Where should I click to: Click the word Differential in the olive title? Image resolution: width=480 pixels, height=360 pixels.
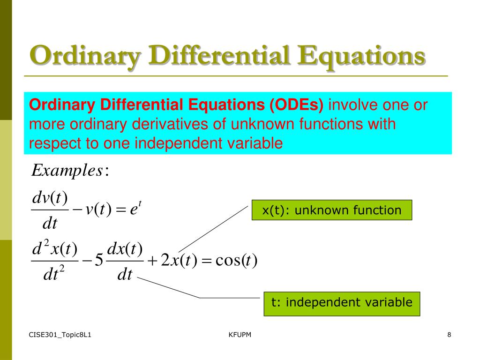point(219,56)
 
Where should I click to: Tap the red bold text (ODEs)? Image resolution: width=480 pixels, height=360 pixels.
point(296,105)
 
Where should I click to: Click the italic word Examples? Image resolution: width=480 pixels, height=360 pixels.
point(67,171)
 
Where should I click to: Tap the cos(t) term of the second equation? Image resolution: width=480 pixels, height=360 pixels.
point(236,260)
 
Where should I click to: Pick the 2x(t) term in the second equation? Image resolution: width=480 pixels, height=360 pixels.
point(179,260)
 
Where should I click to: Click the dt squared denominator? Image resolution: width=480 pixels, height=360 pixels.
point(54,273)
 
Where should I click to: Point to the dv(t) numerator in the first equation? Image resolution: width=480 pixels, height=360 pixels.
point(50,198)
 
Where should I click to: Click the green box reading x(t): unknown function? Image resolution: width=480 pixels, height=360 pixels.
point(332,210)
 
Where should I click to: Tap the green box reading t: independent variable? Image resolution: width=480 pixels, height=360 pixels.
point(342,304)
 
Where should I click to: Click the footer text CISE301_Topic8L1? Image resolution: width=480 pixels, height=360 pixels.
point(60,335)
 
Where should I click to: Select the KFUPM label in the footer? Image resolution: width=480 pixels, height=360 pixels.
point(240,335)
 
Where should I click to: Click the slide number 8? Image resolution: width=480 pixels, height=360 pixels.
point(449,335)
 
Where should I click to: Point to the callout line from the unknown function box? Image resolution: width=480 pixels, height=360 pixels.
point(213,229)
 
